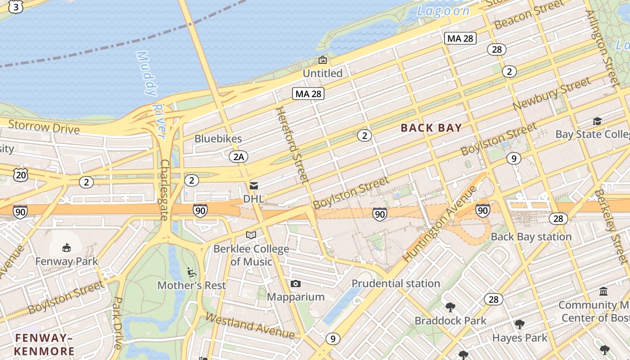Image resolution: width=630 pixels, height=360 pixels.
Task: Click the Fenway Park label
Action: click(67, 261)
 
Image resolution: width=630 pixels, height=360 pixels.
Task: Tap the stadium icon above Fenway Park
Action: click(67, 247)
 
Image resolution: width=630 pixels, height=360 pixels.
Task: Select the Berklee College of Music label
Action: click(251, 255)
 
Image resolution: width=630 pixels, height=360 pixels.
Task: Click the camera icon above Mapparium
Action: click(295, 283)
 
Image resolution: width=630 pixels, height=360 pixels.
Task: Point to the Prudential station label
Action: click(396, 283)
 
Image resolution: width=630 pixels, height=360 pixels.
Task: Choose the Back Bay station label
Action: click(531, 237)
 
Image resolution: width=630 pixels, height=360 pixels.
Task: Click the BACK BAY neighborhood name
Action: click(431, 128)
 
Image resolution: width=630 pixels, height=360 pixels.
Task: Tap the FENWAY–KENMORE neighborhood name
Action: click(44, 344)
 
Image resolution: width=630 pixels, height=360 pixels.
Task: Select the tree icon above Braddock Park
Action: click(450, 307)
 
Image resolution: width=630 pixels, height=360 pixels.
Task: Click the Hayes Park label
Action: click(520, 338)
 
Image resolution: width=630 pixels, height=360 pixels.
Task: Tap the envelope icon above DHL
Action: click(254, 185)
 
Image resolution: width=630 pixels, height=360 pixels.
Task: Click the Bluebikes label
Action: click(218, 139)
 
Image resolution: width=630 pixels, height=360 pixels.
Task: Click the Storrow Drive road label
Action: click(44, 127)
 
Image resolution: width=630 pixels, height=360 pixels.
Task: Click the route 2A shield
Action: click(238, 157)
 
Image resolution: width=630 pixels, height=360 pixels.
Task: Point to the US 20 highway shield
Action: click(20, 175)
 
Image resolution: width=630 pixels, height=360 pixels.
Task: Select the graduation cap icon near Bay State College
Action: click(597, 121)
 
